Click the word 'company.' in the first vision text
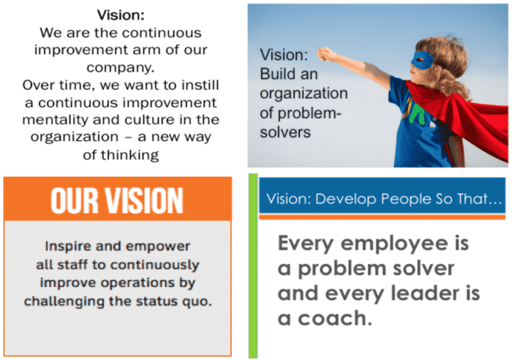120,67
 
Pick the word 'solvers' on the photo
285,132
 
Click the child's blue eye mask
422,60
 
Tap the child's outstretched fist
325,54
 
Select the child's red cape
464,118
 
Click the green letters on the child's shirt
415,113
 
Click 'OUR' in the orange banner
75,200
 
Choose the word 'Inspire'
67,246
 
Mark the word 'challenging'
64,301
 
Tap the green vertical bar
253,266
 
